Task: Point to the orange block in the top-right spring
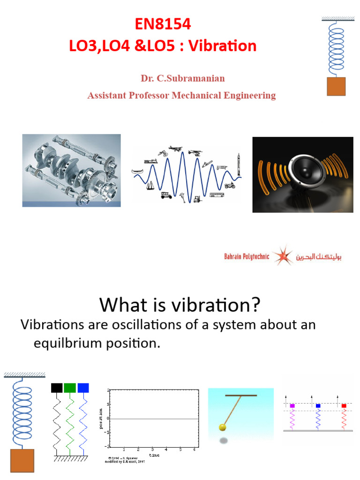click(x=336, y=86)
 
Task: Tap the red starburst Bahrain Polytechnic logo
click(x=283, y=255)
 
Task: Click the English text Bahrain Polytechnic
click(x=246, y=257)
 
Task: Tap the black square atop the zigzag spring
click(x=57, y=388)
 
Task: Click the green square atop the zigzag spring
click(x=70, y=388)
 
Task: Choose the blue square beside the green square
click(x=83, y=388)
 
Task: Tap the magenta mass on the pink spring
click(x=292, y=405)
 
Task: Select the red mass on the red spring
click(x=344, y=405)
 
